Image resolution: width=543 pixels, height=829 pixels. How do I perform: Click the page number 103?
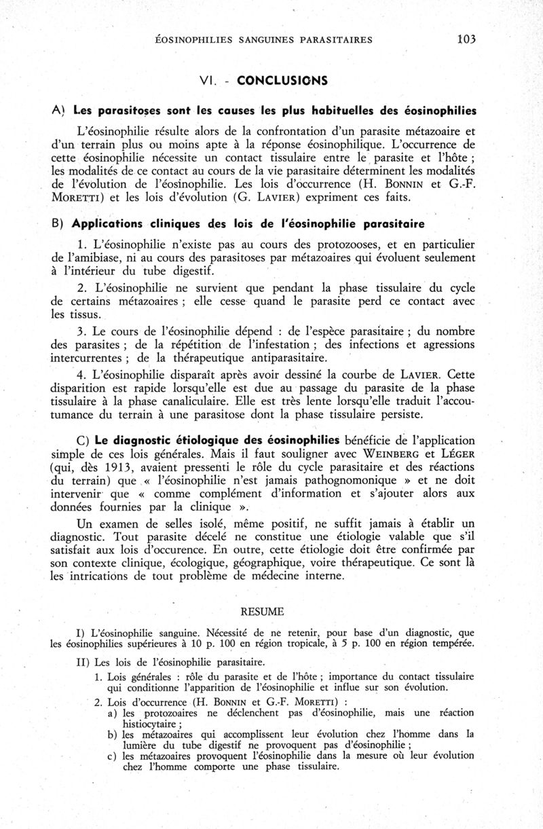pyautogui.click(x=466, y=39)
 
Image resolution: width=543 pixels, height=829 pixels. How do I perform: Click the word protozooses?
pyautogui.click(x=334, y=243)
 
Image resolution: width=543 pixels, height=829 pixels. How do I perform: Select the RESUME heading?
pyautogui.click(x=270, y=612)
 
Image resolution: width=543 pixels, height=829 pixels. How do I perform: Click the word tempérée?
pyautogui.click(x=449, y=643)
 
